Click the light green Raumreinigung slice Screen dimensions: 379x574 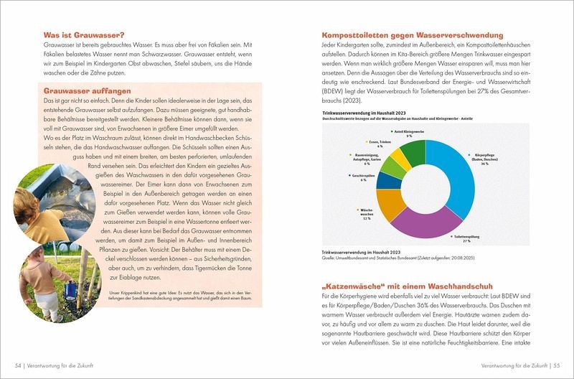385,162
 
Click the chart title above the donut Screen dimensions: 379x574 364,114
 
